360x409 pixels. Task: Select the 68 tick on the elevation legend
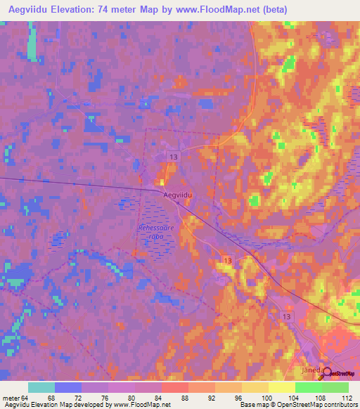coord(51,398)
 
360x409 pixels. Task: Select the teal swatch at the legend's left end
coord(41,387)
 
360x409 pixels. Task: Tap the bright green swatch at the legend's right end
coord(335,387)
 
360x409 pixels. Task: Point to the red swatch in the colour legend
coord(174,387)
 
